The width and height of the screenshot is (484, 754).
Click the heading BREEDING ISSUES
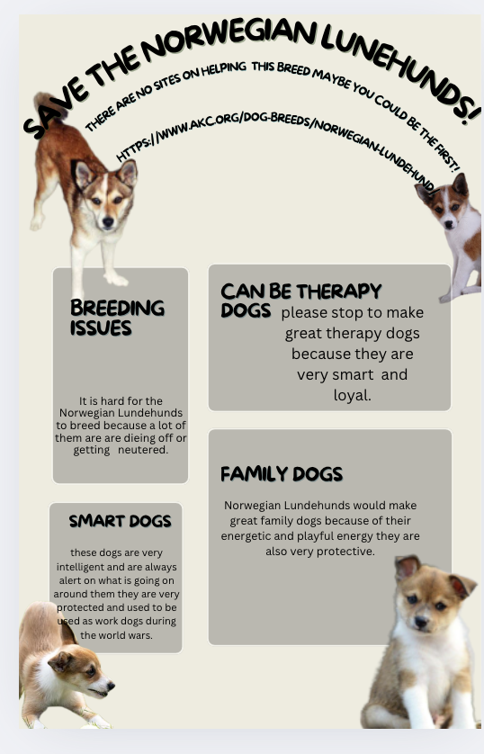[117, 318]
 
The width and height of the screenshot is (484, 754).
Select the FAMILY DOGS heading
[282, 474]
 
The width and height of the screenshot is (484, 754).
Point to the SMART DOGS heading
[120, 521]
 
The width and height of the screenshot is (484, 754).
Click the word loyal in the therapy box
[351, 395]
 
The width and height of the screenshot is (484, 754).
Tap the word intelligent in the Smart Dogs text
[86, 568]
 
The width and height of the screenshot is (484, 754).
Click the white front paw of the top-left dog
[115, 279]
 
